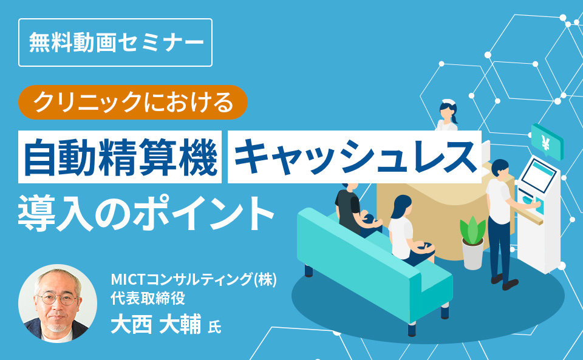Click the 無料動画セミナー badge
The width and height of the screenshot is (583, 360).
point(115,42)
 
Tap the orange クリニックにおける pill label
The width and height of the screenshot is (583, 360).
point(134,102)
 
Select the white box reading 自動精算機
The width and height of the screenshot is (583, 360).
point(120,157)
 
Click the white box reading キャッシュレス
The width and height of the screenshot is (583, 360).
point(354,157)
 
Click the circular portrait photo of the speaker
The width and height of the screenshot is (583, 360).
point(58,304)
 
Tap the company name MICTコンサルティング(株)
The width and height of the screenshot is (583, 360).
point(194,280)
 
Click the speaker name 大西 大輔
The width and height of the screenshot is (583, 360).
point(155,324)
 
